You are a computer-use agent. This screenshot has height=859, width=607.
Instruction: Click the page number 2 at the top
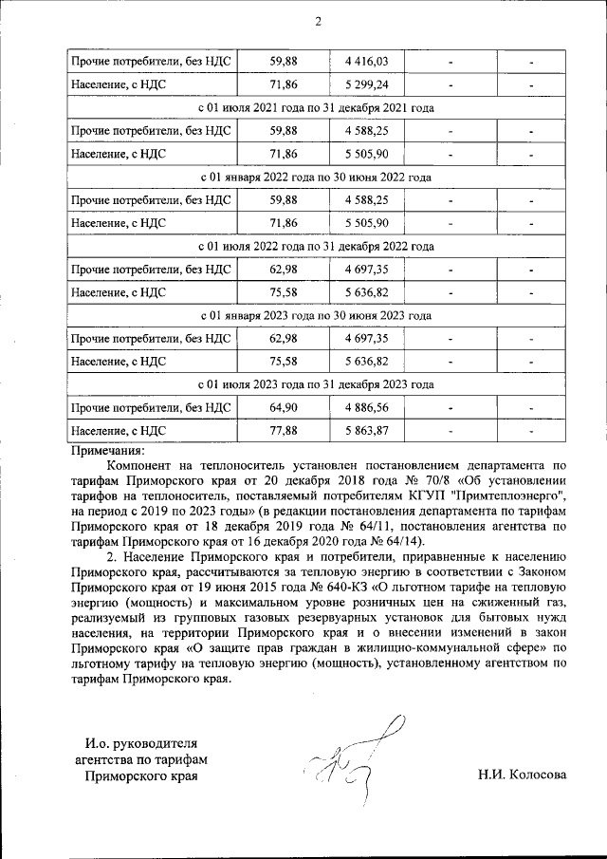318,22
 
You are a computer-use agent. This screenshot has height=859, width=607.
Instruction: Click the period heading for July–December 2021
317,107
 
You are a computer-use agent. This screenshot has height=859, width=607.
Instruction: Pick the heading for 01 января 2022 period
317,177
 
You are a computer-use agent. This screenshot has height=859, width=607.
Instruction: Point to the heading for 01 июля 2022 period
317,246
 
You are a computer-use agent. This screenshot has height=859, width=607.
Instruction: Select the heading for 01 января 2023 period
317,315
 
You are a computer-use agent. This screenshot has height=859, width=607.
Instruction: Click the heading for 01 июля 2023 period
317,384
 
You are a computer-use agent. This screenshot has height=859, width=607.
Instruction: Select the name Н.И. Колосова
522,775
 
